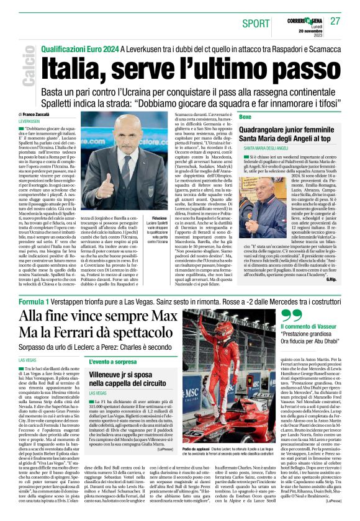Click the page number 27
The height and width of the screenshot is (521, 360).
pos(335,21)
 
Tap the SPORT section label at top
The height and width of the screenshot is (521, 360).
pos(256,23)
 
